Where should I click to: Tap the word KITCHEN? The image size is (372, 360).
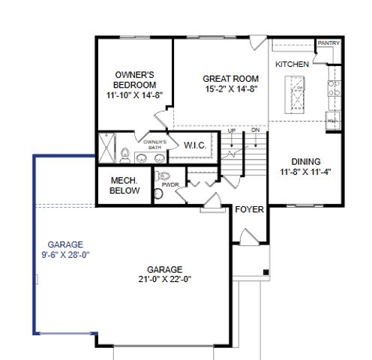[x=292, y=64]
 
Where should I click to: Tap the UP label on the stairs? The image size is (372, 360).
[x=232, y=130]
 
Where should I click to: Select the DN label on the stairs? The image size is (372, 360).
[x=255, y=130]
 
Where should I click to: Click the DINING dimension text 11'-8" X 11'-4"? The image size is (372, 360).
[x=306, y=172]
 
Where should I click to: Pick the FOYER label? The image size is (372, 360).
[x=249, y=209]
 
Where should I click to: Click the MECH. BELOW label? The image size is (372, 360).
[x=122, y=185]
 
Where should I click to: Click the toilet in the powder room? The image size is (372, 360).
[x=158, y=193]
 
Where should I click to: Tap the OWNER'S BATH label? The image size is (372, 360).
[x=154, y=144]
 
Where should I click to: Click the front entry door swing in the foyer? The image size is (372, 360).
[x=241, y=238]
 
